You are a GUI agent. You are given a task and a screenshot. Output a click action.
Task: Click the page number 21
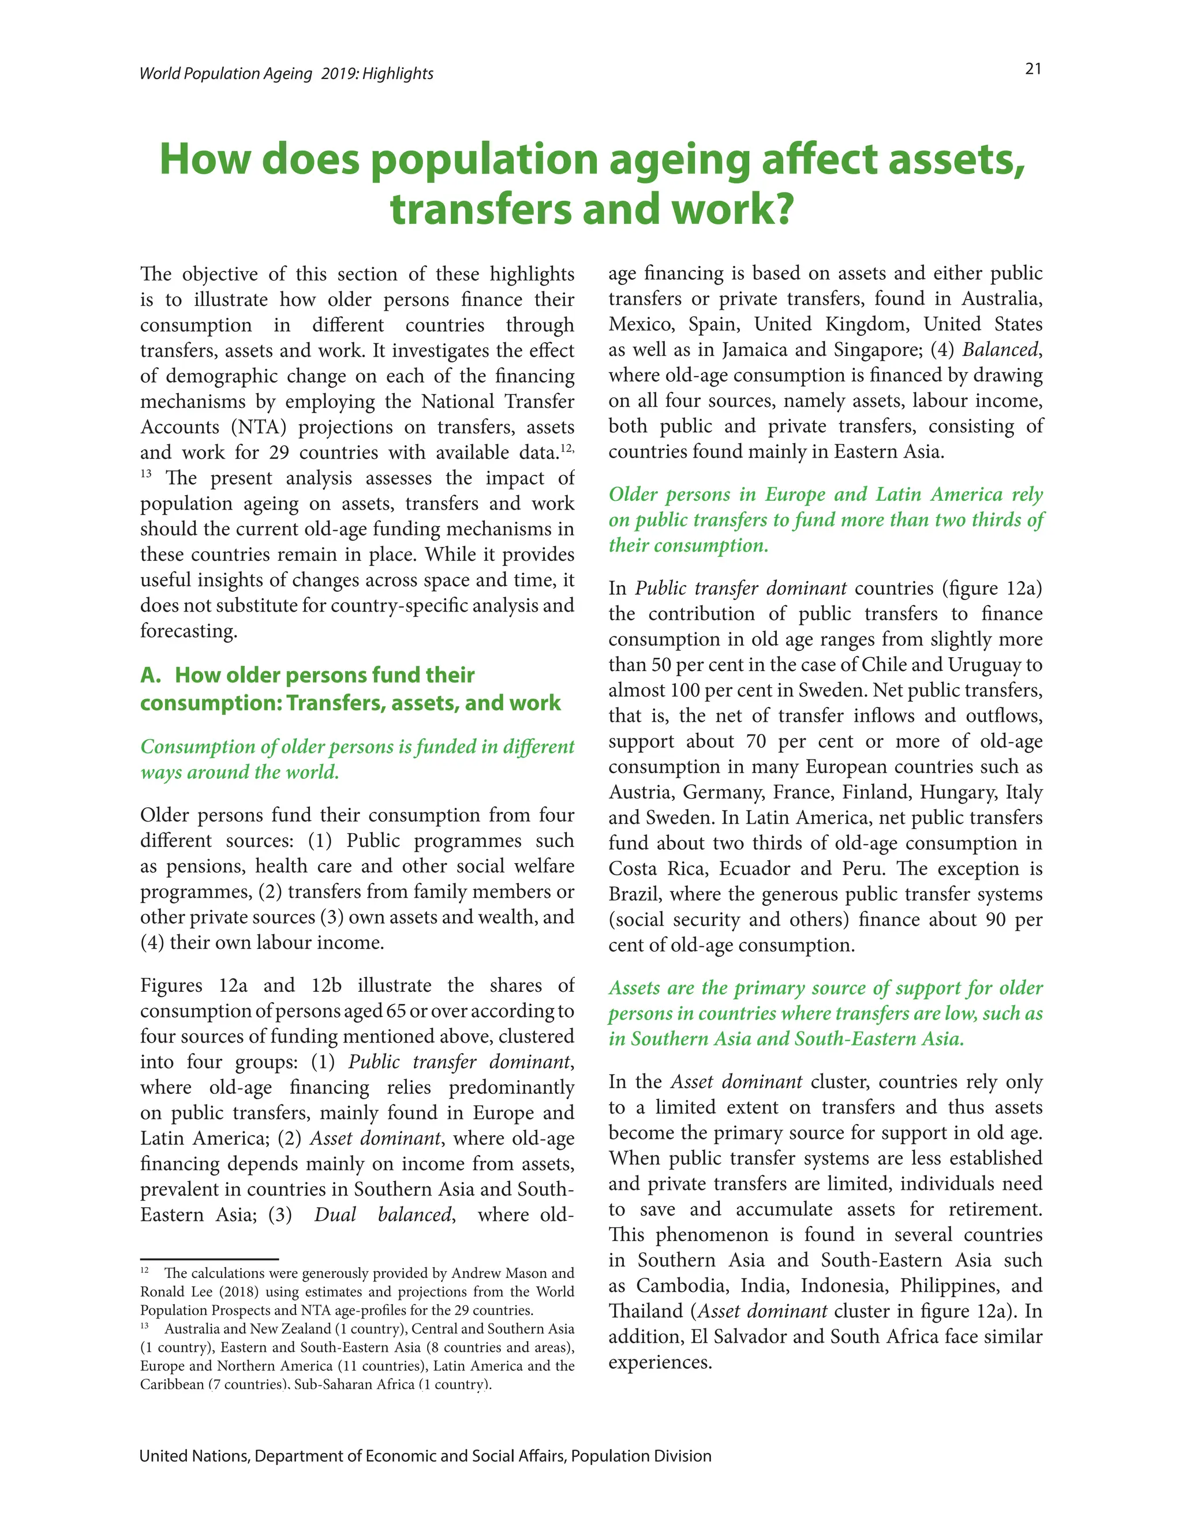coord(1033,69)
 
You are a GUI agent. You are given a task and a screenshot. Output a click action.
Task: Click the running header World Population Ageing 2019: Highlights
coord(286,73)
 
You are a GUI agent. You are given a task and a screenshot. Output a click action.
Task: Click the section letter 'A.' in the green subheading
coord(151,675)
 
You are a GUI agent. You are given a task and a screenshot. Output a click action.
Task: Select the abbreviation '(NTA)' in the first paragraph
coord(259,427)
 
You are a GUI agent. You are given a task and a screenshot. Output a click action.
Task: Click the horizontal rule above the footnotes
coord(210,1260)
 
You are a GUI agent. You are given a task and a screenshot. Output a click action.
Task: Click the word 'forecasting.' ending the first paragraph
coord(188,631)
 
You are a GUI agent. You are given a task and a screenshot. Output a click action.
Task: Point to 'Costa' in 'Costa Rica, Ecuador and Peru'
coord(633,869)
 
